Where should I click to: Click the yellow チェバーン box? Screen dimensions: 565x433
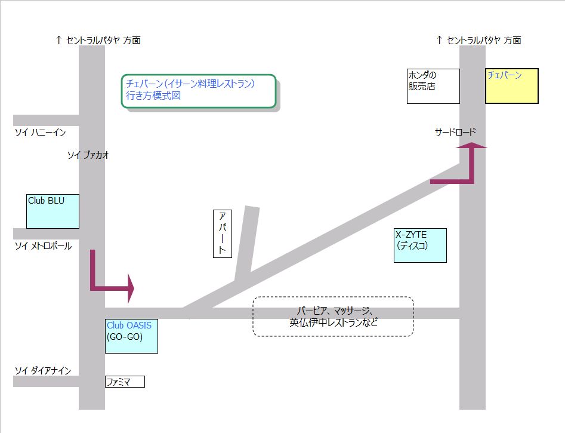coord(511,86)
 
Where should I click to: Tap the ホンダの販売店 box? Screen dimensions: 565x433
coord(433,86)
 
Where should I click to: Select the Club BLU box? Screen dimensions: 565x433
coord(53,211)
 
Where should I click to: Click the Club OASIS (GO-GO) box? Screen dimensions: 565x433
coord(131,336)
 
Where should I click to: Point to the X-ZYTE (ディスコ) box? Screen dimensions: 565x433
coord(420,245)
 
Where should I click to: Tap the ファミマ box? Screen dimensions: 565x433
coord(125,381)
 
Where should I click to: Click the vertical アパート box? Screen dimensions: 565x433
coord(222,234)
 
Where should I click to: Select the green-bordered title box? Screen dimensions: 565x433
coord(199,91)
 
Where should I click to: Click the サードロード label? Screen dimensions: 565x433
coord(456,132)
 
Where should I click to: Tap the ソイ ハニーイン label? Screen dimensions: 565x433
coord(40,132)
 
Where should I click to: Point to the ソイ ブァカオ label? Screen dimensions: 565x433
coord(88,155)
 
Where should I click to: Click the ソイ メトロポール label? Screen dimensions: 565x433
coord(43,245)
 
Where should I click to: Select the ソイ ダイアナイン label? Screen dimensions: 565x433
coord(43,371)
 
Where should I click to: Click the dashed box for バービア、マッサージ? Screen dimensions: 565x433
coord(333,317)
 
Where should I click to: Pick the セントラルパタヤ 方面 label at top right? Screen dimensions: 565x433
coord(479,40)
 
